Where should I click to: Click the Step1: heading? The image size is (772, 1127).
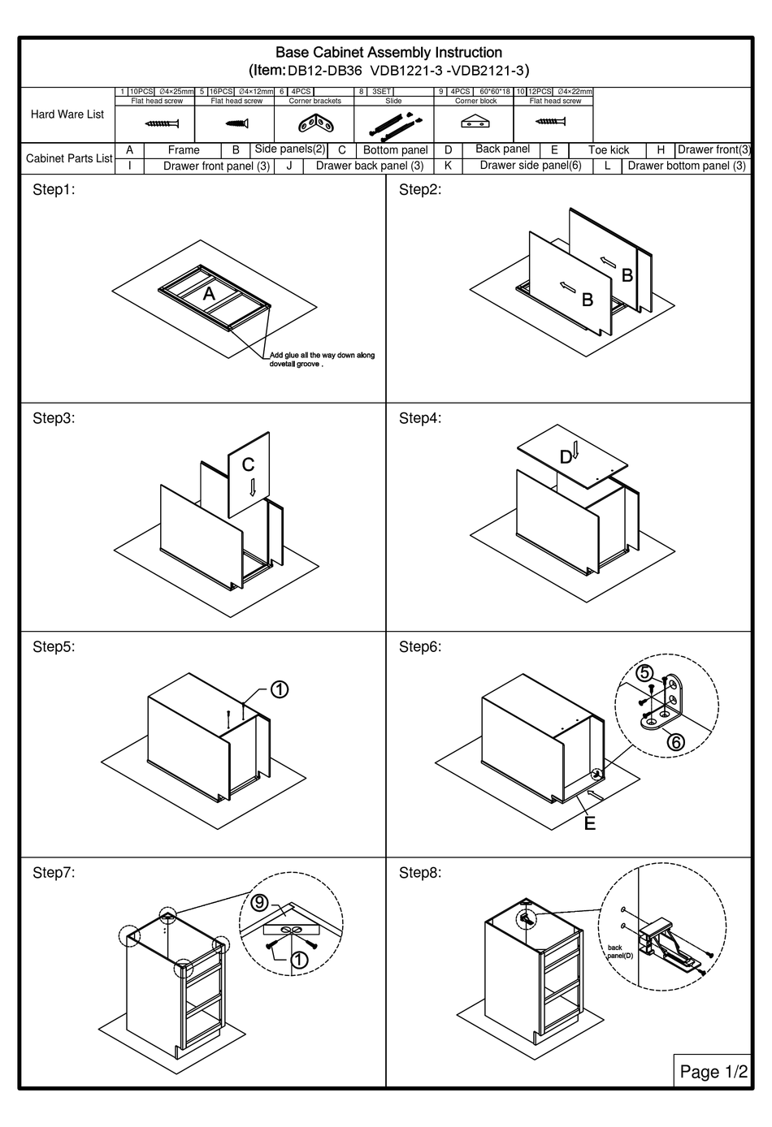pyautogui.click(x=54, y=190)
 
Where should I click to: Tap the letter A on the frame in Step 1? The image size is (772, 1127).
pyautogui.click(x=209, y=294)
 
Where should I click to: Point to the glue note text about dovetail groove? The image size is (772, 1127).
pyautogui.click(x=322, y=360)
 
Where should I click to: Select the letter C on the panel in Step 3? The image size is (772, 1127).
pyautogui.click(x=249, y=464)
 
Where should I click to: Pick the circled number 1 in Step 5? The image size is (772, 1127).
pyautogui.click(x=278, y=689)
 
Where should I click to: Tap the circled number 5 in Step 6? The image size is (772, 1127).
pyautogui.click(x=644, y=673)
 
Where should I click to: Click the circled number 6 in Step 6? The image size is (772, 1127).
pyautogui.click(x=676, y=741)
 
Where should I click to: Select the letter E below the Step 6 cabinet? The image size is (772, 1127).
pyautogui.click(x=590, y=823)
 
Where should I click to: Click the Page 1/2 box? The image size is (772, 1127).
pyautogui.click(x=713, y=1071)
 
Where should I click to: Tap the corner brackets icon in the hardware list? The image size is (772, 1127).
pyautogui.click(x=315, y=124)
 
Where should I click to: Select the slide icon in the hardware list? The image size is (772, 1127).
pyautogui.click(x=394, y=124)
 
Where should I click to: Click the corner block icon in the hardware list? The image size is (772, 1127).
pyautogui.click(x=475, y=123)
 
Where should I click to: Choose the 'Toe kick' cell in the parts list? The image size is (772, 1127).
pyautogui.click(x=608, y=150)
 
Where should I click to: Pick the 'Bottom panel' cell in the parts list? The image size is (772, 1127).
pyautogui.click(x=395, y=150)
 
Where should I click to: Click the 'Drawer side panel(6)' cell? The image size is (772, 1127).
pyautogui.click(x=530, y=166)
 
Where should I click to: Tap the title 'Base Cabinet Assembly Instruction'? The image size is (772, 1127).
pyautogui.click(x=388, y=53)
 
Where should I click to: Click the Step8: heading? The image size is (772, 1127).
pyautogui.click(x=420, y=873)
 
